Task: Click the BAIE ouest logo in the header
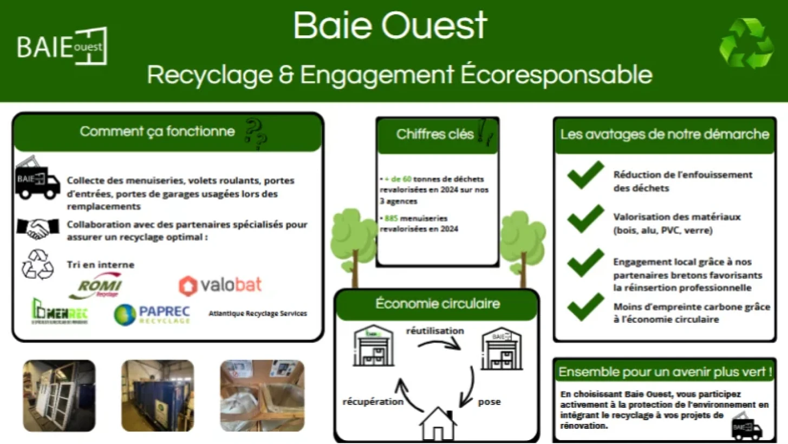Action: pyautogui.click(x=62, y=47)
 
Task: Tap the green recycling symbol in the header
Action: pyautogui.click(x=746, y=44)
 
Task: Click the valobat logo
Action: pyautogui.click(x=220, y=285)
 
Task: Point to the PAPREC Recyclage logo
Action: pyautogui.click(x=152, y=314)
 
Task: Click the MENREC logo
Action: pyautogui.click(x=60, y=312)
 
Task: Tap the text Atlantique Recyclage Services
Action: pyautogui.click(x=258, y=314)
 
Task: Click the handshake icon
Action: pyautogui.click(x=37, y=228)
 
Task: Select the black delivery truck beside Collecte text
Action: pyautogui.click(x=37, y=180)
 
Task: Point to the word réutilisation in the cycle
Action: pyautogui.click(x=435, y=330)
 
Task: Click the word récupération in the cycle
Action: pyautogui.click(x=373, y=402)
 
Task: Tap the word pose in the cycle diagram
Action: pyautogui.click(x=489, y=402)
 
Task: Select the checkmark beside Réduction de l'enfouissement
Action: pyautogui.click(x=585, y=175)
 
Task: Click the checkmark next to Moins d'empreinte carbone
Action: pyautogui.click(x=585, y=307)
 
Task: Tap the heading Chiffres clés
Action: pyautogui.click(x=435, y=134)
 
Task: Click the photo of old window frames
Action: pyautogui.click(x=59, y=395)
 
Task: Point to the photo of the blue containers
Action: pyautogui.click(x=157, y=395)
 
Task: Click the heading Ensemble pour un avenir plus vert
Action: pyautogui.click(x=665, y=373)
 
